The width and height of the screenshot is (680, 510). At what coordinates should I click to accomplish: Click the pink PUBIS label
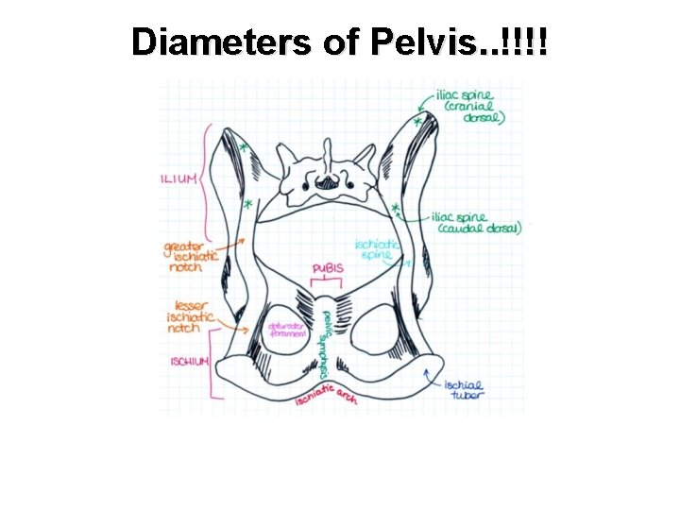point(327,269)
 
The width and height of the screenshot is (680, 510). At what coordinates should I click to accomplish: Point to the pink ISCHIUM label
point(189,363)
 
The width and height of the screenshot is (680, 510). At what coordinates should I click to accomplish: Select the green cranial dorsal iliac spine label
point(469,107)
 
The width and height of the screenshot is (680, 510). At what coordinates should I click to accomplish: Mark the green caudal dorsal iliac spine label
point(474,223)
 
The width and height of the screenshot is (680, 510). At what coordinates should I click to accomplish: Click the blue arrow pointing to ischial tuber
point(433,379)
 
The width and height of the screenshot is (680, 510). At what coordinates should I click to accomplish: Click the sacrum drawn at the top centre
point(321,180)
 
